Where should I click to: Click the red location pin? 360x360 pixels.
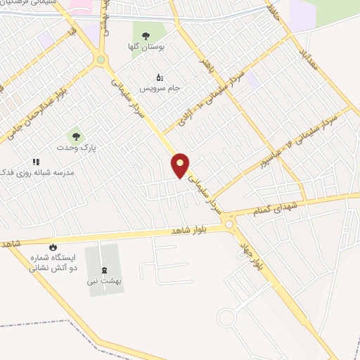click(x=181, y=165)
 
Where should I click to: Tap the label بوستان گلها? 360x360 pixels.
click(x=146, y=46)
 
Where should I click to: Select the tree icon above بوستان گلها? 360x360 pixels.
click(x=146, y=36)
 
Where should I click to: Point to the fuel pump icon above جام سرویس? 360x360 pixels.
click(x=159, y=77)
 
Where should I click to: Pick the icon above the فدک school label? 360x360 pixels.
click(x=36, y=162)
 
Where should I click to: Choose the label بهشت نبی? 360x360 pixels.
click(x=105, y=281)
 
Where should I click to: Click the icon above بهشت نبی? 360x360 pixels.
click(x=105, y=269)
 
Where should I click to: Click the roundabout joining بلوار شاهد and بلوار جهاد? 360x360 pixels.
click(x=229, y=224)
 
